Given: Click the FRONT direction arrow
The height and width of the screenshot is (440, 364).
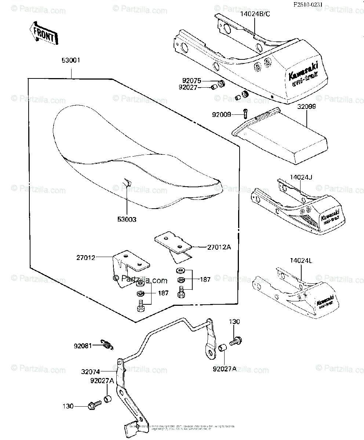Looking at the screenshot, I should tap(43, 34).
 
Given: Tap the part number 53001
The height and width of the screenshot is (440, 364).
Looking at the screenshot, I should tap(71, 60).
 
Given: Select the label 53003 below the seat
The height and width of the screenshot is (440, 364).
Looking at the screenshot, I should tap(127, 220).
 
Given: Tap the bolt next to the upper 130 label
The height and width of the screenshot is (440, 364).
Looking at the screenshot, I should tap(235, 342).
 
